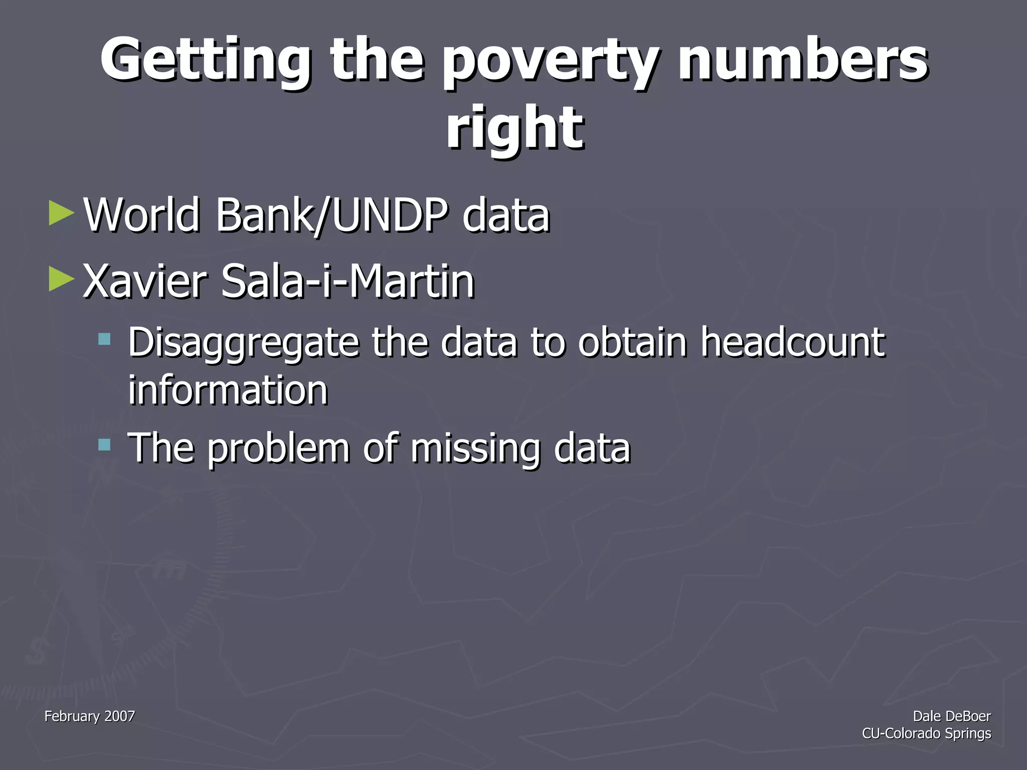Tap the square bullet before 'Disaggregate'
click(x=104, y=339)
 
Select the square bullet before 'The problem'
click(x=104, y=444)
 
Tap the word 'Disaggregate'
click(x=244, y=343)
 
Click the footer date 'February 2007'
click(x=90, y=716)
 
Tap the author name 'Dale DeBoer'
click(x=951, y=716)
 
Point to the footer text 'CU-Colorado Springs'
click(x=926, y=733)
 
